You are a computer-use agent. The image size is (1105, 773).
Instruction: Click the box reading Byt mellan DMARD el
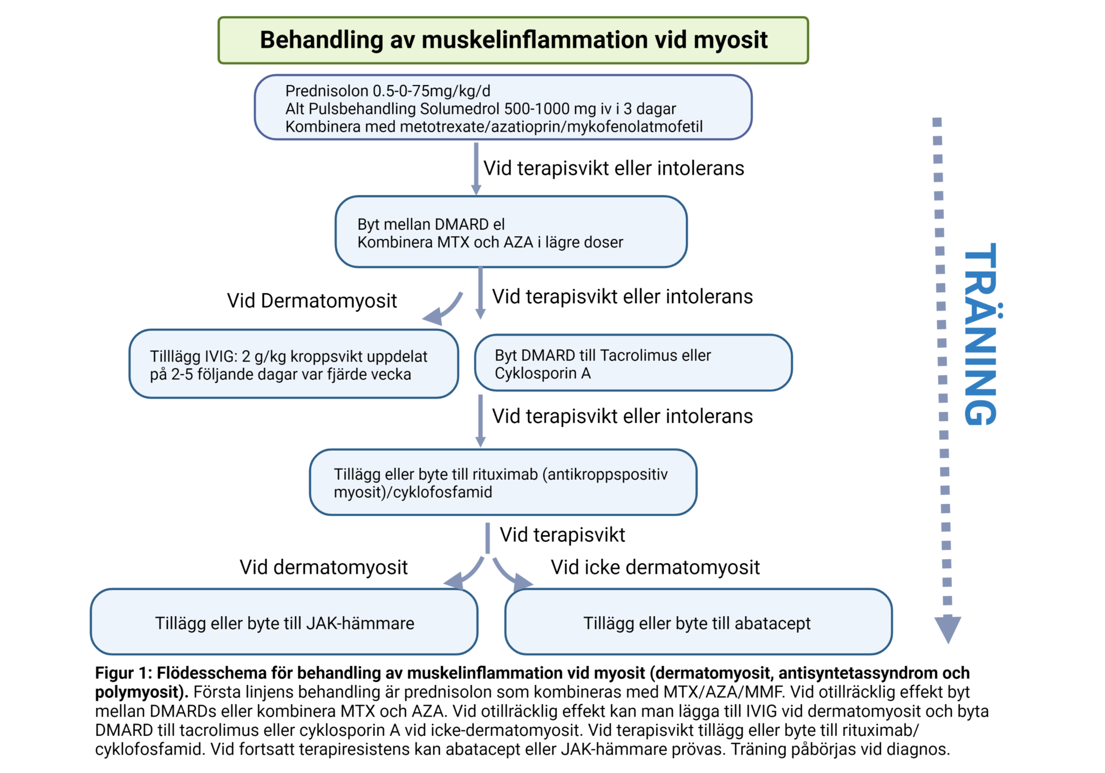[510, 232]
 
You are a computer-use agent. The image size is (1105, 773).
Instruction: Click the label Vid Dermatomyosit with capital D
[311, 301]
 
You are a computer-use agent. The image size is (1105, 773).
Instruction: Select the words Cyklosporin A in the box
[542, 374]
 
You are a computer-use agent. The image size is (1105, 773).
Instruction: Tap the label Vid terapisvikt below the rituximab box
[562, 535]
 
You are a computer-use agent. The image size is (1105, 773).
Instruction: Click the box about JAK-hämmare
[284, 623]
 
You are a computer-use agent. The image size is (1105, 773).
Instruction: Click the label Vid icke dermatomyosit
[654, 567]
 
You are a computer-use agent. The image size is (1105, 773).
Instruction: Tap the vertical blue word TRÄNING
[981, 334]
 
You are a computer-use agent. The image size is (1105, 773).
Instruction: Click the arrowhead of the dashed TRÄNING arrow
[947, 628]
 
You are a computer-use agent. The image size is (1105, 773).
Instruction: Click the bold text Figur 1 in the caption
[122, 673]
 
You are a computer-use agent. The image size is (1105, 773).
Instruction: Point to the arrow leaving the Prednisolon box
[476, 168]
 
